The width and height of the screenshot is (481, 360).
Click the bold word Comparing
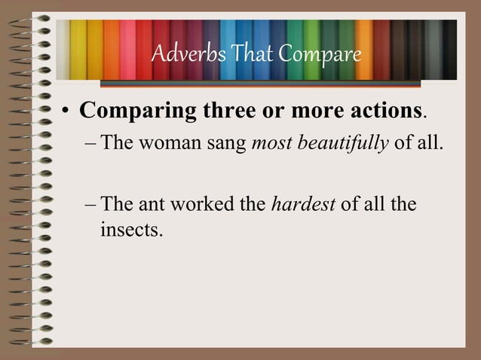pyautogui.click(x=138, y=111)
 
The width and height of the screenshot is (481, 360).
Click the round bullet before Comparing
pyautogui.click(x=66, y=112)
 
